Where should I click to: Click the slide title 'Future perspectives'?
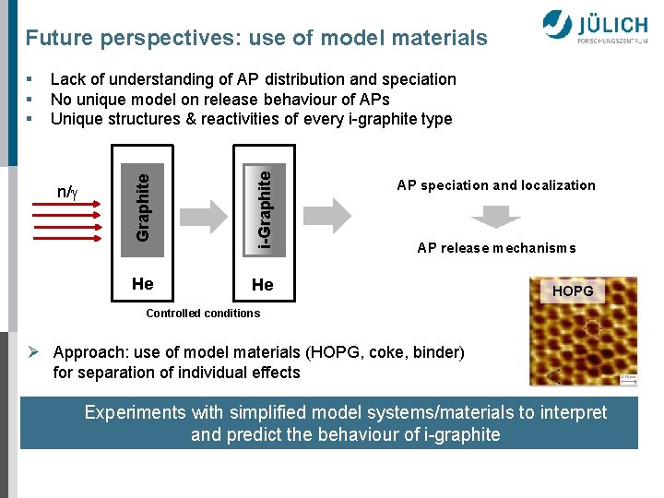[x=256, y=38]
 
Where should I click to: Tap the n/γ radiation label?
[x=67, y=192]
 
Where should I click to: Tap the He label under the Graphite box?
[x=142, y=283]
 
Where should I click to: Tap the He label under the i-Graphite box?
[x=263, y=285]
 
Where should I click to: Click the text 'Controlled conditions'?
[x=203, y=314]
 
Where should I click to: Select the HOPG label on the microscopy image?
[x=572, y=291]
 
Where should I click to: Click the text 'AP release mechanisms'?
[x=496, y=248]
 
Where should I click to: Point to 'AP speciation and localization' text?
[x=496, y=185]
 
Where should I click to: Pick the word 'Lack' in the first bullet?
[x=67, y=80]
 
